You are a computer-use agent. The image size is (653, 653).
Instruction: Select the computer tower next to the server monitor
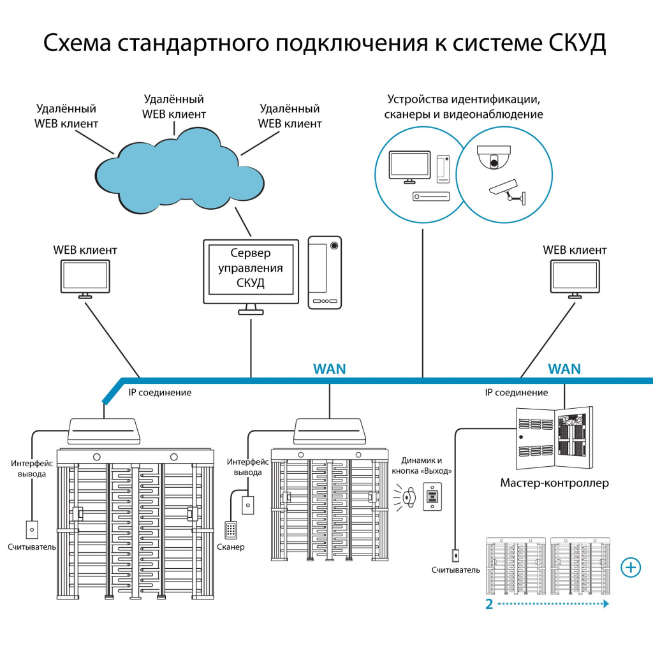click(x=325, y=272)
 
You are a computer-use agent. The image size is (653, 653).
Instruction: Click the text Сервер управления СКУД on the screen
click(x=251, y=268)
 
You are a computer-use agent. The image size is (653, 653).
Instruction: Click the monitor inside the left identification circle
click(x=409, y=167)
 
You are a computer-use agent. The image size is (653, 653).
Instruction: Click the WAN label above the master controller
click(x=564, y=369)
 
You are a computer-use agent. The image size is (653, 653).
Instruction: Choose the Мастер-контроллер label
click(x=554, y=483)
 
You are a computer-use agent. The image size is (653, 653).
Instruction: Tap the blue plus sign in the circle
click(x=631, y=567)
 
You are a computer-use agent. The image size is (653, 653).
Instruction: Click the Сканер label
click(x=231, y=547)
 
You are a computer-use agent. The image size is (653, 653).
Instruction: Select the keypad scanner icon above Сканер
click(x=231, y=529)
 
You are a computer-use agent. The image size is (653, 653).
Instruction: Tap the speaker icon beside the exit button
click(x=407, y=495)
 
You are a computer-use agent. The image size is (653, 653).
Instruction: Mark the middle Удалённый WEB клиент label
click(x=174, y=106)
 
